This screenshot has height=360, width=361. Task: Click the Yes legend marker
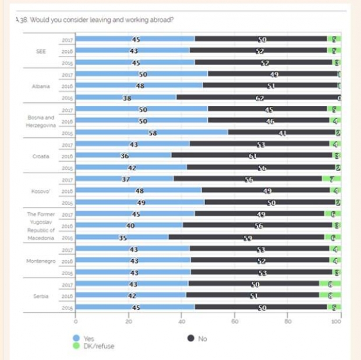click(76, 338)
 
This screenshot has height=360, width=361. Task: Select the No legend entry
click(197, 338)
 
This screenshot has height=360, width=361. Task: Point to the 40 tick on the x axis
click(182, 320)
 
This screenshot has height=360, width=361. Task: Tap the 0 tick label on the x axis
click(76, 320)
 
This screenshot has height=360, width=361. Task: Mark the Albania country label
click(41, 86)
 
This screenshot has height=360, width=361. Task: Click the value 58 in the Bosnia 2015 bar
click(153, 133)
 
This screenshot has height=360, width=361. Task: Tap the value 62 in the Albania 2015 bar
click(260, 98)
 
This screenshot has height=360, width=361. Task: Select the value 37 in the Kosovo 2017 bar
click(126, 179)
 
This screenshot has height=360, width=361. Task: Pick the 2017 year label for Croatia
click(67, 144)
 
